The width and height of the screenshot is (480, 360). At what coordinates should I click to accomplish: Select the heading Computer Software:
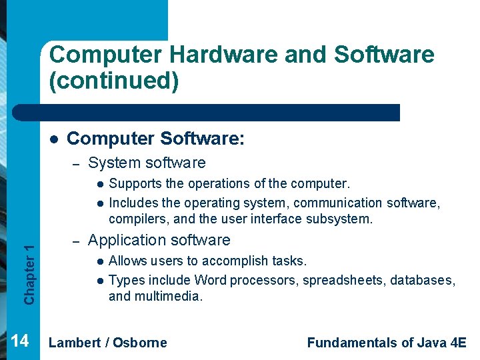pos(156,139)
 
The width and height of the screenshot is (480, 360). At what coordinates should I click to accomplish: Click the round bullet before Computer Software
pos(53,139)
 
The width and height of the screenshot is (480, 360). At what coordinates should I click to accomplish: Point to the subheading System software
pos(147,163)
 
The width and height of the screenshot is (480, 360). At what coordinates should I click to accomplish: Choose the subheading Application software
pos(159,240)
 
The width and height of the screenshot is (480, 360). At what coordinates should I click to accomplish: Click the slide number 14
pos(20,341)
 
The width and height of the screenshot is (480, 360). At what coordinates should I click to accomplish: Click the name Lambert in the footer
pos(75,343)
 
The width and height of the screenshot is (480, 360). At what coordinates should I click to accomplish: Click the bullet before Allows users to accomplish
pos(99,261)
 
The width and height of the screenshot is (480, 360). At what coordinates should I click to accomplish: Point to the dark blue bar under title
pos(220,113)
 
